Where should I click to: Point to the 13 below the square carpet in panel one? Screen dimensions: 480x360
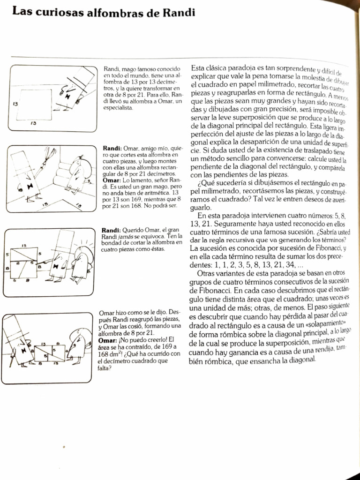33,123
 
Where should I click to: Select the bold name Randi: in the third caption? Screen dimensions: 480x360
111,230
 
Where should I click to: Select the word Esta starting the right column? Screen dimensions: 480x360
200,68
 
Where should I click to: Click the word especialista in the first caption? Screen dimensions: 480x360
118,108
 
